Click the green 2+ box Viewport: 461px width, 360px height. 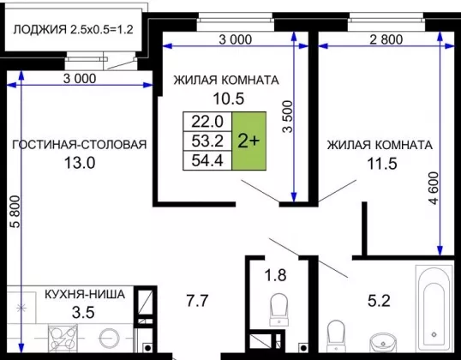pyautogui.click(x=249, y=141)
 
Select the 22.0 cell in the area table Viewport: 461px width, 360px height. pyautogui.click(x=207, y=122)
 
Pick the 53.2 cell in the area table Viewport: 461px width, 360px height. pyautogui.click(x=207, y=141)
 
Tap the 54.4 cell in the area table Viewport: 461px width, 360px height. pyautogui.click(x=207, y=160)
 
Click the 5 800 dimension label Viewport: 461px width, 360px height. pyautogui.click(x=15, y=212)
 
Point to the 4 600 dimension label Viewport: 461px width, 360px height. pyautogui.click(x=434, y=189)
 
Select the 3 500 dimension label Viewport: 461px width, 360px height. pyautogui.click(x=288, y=117)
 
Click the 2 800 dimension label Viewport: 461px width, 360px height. pyautogui.click(x=386, y=39)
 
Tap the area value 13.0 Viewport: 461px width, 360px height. pyautogui.click(x=80, y=163)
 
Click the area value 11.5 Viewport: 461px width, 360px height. pyautogui.click(x=382, y=164)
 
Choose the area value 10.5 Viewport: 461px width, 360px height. pyautogui.click(x=229, y=99)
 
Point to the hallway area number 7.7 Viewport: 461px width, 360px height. pyautogui.click(x=198, y=301)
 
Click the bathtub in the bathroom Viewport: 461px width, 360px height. pyautogui.click(x=434, y=308)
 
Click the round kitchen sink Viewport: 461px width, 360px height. pyautogui.click(x=109, y=339)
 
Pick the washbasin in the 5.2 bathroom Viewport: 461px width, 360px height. pyautogui.click(x=382, y=342)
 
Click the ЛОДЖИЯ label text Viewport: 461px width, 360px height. pyautogui.click(x=40, y=29)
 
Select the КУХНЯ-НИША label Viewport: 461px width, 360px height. pyautogui.click(x=85, y=294)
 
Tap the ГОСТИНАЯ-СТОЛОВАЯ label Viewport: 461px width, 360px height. pyautogui.click(x=80, y=145)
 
